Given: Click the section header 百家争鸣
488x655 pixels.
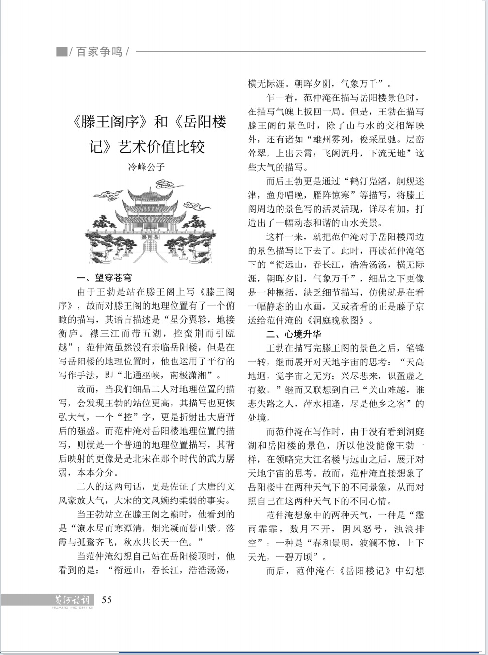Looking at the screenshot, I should coord(99,51).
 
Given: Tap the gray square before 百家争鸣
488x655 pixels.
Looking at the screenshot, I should coord(61,51).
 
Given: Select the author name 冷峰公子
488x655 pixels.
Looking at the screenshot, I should coord(146,167).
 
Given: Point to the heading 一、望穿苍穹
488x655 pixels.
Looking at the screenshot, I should coord(104,278).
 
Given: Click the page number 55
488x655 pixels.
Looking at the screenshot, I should coord(107,600).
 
